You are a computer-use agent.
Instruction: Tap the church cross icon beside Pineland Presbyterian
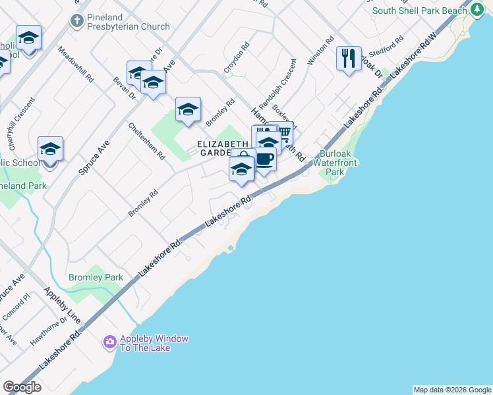pos(76,20)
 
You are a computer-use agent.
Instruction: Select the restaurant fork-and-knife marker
pos(349,59)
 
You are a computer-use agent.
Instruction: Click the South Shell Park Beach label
pos(419,11)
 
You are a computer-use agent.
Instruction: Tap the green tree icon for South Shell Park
pos(477,10)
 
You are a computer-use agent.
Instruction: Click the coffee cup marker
pos(264,160)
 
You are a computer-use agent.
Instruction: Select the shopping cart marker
pos(283,132)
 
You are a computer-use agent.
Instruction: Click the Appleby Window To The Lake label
pos(154,343)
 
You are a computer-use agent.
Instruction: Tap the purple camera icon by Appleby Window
pos(110,342)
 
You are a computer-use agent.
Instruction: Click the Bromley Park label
pos(96,277)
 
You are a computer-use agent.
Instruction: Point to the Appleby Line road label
pos(62,305)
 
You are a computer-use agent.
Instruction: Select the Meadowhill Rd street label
pos(76,64)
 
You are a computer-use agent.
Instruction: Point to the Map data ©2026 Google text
pos(452,390)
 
